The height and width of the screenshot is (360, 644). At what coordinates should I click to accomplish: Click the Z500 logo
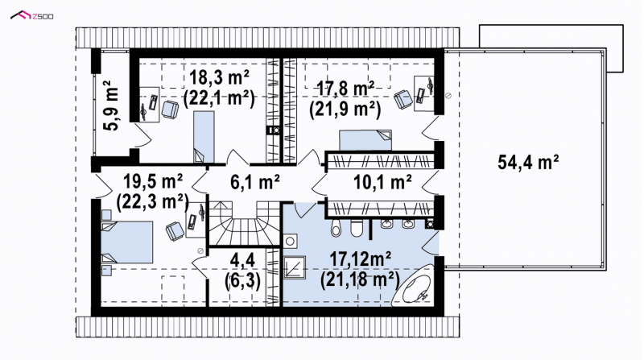coord(31,15)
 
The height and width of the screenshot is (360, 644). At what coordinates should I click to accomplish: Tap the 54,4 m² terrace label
coord(528,162)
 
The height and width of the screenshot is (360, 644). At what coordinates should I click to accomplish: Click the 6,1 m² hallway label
coord(255,182)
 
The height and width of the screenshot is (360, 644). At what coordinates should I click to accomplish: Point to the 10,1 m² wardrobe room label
coord(382,182)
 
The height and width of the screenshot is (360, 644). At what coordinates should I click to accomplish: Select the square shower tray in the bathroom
coord(295,267)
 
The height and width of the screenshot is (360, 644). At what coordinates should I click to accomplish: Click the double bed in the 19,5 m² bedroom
coord(127,242)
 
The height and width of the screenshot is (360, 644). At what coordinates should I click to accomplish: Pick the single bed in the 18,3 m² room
coord(204,137)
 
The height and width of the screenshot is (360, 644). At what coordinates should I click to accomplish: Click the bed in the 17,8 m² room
coord(365,140)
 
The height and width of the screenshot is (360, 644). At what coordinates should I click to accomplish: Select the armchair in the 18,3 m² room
coord(170,110)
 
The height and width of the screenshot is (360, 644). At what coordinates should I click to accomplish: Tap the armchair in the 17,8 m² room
coord(403,99)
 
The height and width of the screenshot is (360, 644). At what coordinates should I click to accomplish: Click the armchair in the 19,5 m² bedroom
coord(175,230)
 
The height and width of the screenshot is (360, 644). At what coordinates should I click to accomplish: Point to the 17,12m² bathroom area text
coord(360,259)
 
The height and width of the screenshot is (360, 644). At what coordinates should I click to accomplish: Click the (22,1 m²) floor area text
coord(219,98)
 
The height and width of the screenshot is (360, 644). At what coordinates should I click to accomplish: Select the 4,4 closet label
coord(242,259)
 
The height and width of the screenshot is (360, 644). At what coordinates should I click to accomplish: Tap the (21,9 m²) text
coord(345,110)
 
